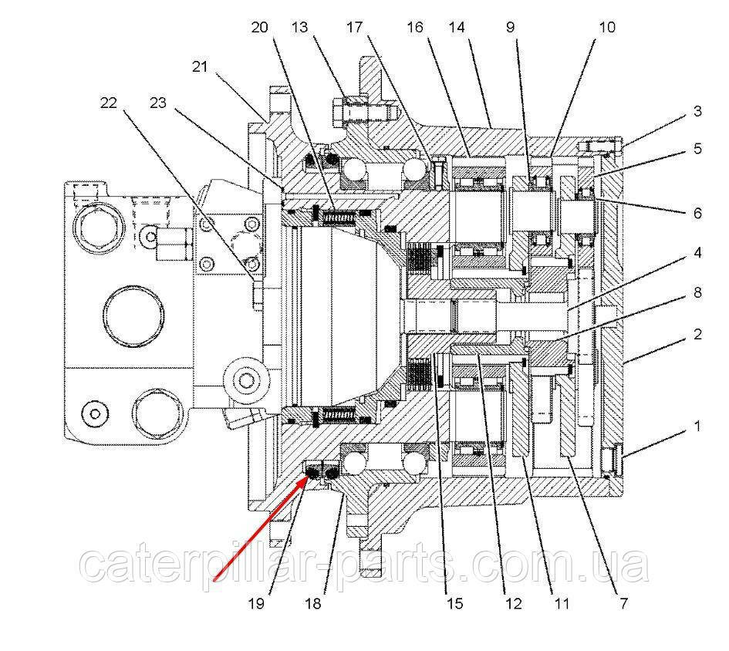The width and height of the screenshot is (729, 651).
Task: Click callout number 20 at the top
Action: [x=259, y=28]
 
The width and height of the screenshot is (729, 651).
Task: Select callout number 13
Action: [x=300, y=28]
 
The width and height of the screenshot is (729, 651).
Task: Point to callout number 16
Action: [x=416, y=28]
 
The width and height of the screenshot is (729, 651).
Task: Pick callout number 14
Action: [x=457, y=28]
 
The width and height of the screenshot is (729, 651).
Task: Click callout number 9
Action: [x=511, y=28]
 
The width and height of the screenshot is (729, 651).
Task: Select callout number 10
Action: [x=606, y=28]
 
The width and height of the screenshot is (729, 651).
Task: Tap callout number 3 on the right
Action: [x=697, y=112]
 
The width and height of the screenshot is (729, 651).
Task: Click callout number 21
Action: [x=201, y=67]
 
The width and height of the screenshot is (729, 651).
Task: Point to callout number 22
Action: [x=108, y=103]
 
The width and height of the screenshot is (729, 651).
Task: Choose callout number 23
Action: [x=159, y=103]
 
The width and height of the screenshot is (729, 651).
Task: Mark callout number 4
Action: [x=697, y=252]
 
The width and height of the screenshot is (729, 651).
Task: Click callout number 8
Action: [x=697, y=293]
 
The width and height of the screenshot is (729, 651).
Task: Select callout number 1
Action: [x=697, y=425]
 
